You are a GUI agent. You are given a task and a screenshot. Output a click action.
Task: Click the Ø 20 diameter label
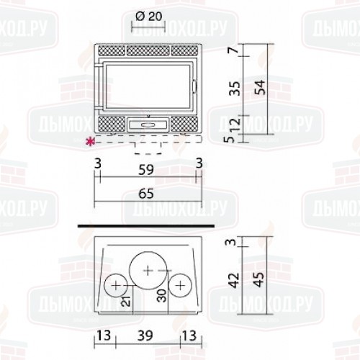(148, 16)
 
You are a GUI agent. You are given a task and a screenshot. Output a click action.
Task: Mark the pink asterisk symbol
(90, 141)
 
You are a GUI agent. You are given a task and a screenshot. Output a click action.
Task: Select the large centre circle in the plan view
(148, 269)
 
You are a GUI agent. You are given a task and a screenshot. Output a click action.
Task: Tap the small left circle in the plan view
(115, 287)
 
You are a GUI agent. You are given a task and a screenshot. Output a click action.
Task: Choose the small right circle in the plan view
(179, 287)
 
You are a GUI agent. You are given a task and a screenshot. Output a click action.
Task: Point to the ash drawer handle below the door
(148, 124)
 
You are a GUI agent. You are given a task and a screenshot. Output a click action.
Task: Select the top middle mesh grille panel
(148, 53)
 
